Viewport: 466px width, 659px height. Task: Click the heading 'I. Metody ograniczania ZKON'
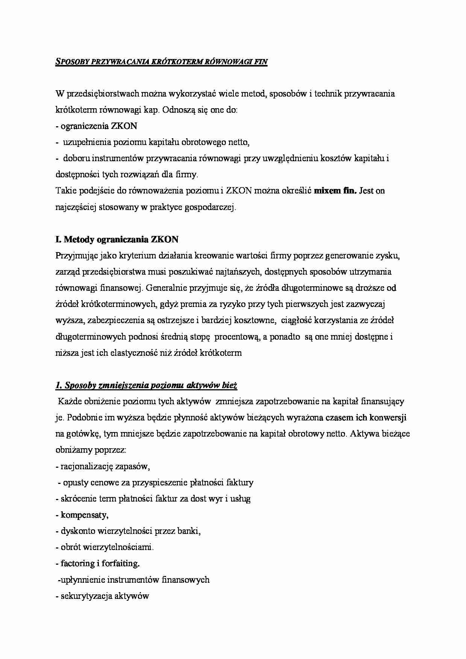tap(117, 239)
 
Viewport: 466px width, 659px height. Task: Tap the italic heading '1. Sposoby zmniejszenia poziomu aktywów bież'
tap(146, 385)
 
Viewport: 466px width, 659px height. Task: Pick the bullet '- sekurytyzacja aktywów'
tap(102, 596)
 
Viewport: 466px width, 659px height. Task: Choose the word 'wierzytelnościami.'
tap(126, 547)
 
